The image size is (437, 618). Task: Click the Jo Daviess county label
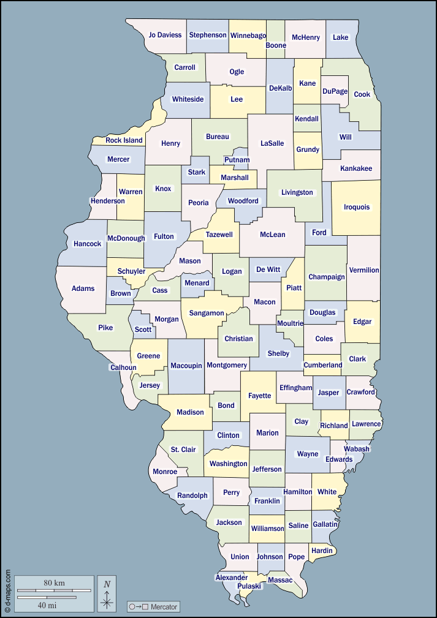point(165,35)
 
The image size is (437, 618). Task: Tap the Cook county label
point(362,94)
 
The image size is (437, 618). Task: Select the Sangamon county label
point(207,313)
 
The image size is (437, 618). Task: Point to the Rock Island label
point(124,140)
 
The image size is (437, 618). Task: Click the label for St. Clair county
point(183,450)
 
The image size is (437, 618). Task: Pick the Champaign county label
point(327,277)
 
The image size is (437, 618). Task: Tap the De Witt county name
point(268,269)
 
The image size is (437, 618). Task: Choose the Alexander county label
point(231,578)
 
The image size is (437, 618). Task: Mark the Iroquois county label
point(357,207)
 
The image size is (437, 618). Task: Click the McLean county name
point(273,235)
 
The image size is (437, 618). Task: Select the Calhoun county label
point(123,367)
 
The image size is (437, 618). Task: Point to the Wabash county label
point(357,449)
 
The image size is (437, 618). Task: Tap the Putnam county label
point(237,160)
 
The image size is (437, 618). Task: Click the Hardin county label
point(322,551)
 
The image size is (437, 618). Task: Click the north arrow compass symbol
point(107,594)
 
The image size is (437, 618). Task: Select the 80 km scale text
point(55,583)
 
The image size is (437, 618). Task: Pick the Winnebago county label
point(248,36)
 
